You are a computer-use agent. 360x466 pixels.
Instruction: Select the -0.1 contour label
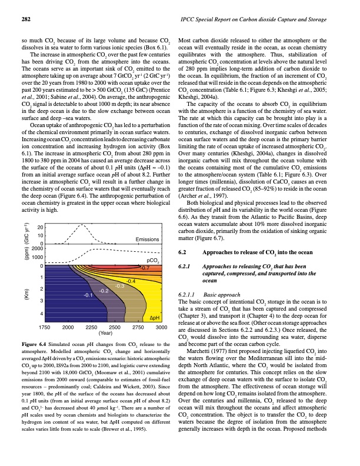point(89,294)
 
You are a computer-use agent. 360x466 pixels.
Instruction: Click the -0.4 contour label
point(131,282)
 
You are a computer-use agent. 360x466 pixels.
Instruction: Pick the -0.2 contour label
point(104,291)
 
